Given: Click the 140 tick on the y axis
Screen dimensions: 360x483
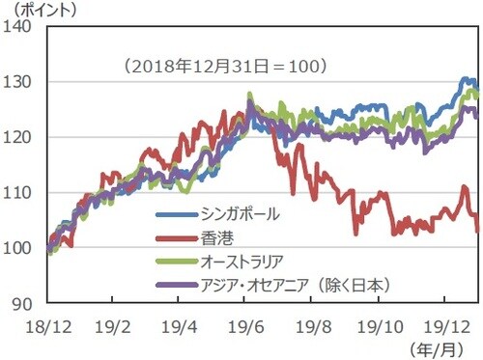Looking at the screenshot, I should click(x=22, y=27).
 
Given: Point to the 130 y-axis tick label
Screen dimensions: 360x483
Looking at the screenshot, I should click(x=22, y=83).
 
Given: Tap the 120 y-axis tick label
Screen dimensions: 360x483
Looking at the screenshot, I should click(x=22, y=138).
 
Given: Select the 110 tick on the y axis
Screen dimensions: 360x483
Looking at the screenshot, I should click(x=22, y=193).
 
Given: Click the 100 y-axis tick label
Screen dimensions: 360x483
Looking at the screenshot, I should click(x=22, y=248).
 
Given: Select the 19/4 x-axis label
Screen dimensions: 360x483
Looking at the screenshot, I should click(x=178, y=324).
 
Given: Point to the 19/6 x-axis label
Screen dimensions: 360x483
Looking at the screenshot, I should click(x=246, y=324).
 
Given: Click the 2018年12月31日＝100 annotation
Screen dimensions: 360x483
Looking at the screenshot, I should click(x=225, y=67).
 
